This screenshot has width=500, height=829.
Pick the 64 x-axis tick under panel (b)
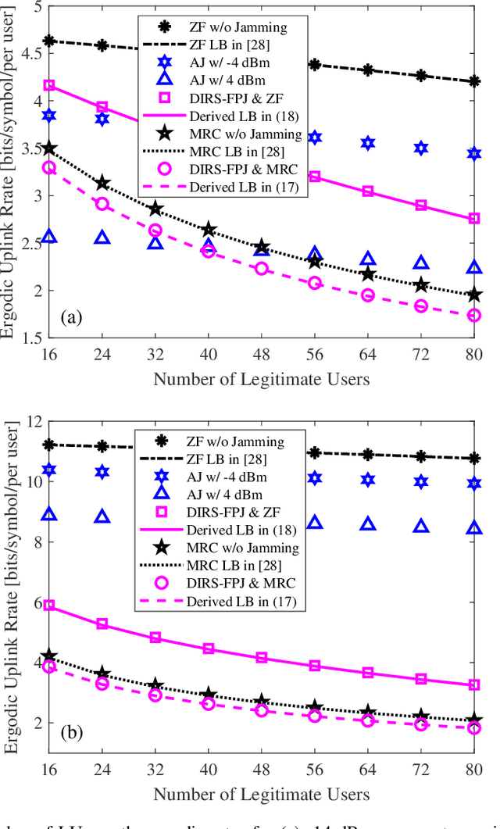click(x=368, y=772)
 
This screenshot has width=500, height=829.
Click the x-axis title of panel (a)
click(x=261, y=380)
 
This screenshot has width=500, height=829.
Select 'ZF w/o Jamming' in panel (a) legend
click(x=239, y=28)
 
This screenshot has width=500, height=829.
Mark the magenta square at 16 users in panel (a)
click(x=49, y=85)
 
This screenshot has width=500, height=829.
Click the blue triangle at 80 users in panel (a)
click(x=473, y=268)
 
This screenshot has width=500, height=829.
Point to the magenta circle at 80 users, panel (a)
click(x=473, y=315)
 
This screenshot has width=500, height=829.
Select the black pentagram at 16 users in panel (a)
click(x=49, y=148)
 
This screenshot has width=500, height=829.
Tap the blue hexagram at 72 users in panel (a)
click(x=421, y=148)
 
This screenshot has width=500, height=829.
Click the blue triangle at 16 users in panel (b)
click(x=49, y=514)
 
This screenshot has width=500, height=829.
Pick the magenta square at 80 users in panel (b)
click(x=473, y=685)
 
